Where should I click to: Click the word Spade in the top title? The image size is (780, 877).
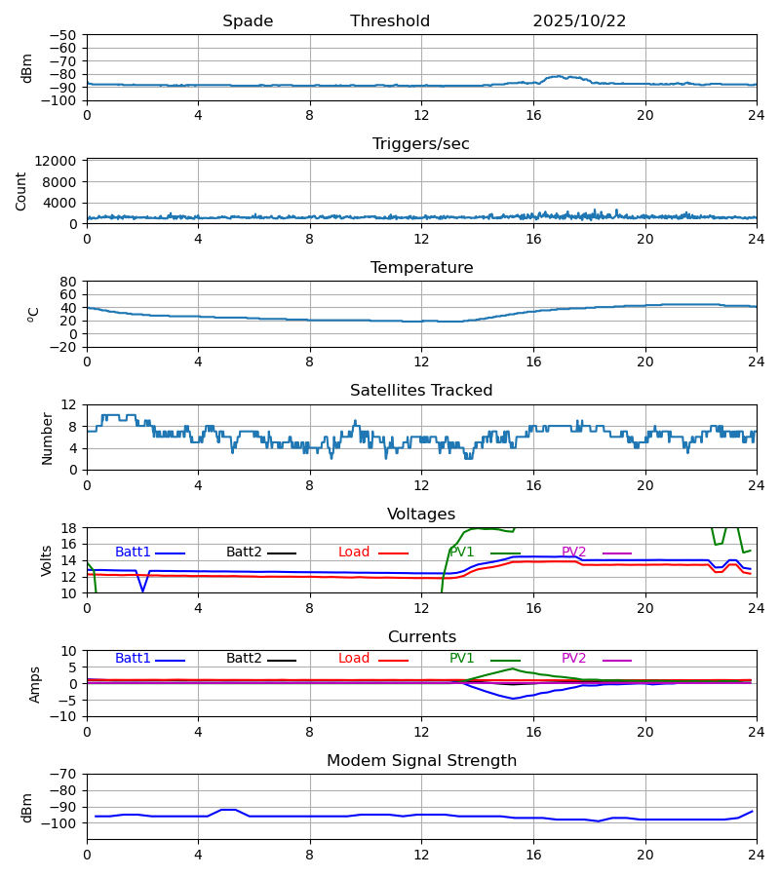pos(248,21)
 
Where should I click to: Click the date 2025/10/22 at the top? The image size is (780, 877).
pos(579,21)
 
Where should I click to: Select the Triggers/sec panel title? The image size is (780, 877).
pos(421,144)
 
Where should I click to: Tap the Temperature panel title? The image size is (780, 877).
pos(421,268)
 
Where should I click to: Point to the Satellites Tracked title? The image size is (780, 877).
pos(421,391)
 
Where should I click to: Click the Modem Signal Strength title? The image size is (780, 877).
pos(421,761)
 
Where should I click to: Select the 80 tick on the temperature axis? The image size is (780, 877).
pos(69,282)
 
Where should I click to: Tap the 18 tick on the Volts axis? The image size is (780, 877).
pos(69,528)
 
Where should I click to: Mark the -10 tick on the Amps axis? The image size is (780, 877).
pos(64,716)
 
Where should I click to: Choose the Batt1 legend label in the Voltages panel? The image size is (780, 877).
pos(133,553)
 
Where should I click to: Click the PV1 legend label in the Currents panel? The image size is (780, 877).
pos(461,659)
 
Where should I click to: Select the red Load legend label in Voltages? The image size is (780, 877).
pos(354,553)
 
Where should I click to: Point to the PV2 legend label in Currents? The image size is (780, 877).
pos(573,659)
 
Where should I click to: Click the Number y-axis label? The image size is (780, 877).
pos(48,438)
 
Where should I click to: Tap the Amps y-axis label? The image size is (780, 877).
pos(36,684)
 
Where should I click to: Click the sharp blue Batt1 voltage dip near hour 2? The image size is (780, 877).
pos(142,591)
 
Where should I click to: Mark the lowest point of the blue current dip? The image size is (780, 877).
pos(513,699)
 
